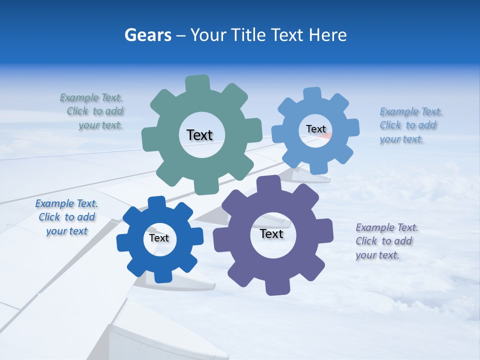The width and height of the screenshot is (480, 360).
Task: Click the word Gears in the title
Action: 148,35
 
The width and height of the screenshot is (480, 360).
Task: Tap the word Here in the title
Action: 327,35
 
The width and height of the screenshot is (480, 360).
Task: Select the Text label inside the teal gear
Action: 199,135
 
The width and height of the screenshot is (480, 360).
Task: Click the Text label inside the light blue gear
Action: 315,129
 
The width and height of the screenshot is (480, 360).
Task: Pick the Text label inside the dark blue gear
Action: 159,238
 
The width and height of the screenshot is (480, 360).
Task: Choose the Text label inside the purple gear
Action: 271,233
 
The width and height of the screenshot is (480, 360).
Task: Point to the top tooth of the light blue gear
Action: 312,94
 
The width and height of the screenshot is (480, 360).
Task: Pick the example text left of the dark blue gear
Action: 66,217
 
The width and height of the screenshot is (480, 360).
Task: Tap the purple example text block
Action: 386,241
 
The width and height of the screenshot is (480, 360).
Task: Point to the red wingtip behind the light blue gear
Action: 324,134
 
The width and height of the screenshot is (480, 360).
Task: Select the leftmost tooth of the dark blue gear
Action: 123,242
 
